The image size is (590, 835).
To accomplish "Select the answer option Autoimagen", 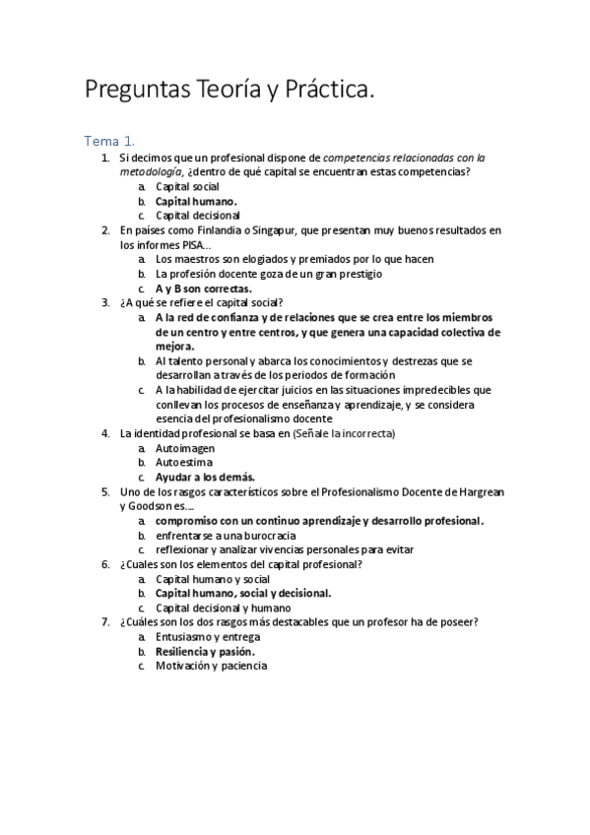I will coord(185,448).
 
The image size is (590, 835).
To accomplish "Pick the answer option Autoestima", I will coord(184,462).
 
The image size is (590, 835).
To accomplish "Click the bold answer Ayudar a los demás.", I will coord(205,477).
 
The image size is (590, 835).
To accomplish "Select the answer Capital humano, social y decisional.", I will coord(243,593).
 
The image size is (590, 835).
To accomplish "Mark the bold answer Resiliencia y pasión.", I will coord(206,651).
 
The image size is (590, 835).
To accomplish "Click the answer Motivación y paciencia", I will coord(211,666).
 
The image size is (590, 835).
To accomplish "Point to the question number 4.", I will coord(105,433).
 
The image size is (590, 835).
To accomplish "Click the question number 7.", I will coord(105,621).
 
